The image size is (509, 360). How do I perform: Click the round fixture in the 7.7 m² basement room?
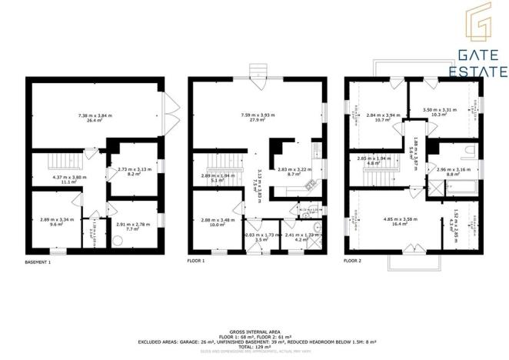pyautogui.click(x=117, y=239)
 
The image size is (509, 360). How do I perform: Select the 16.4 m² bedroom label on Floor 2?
pyautogui.click(x=399, y=222)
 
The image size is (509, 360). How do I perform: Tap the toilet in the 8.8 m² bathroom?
pyautogui.click(x=471, y=151)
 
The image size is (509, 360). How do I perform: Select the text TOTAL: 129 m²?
pyautogui.click(x=254, y=345)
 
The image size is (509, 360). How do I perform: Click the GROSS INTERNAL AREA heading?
pyautogui.click(x=254, y=332)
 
